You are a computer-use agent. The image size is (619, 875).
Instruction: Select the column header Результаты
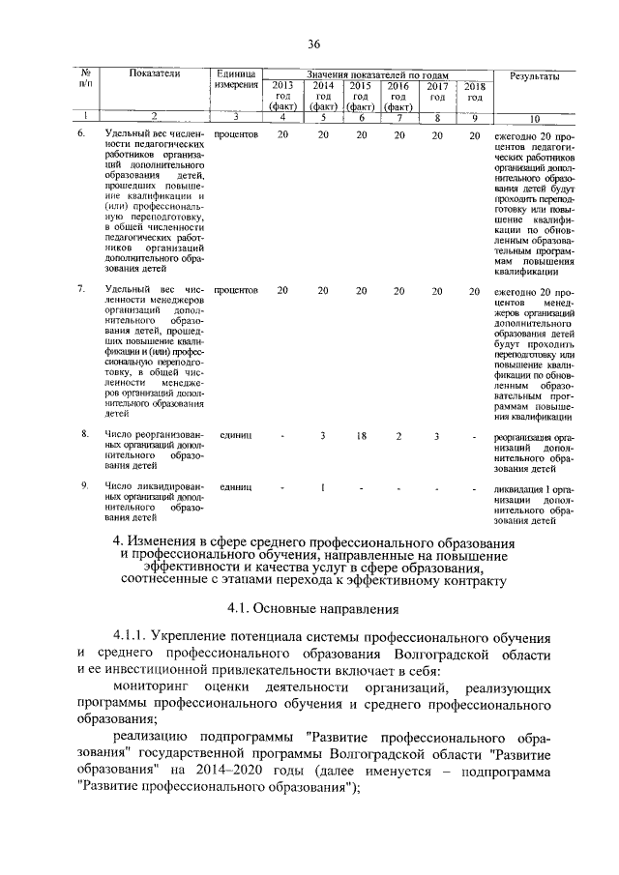point(535,74)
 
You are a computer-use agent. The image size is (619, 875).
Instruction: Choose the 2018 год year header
point(474,92)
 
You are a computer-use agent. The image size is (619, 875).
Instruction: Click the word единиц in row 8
point(236,436)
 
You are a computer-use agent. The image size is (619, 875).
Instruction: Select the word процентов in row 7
point(236,289)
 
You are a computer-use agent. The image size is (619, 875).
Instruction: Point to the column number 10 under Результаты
point(535,118)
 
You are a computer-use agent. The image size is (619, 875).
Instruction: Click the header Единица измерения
point(236,79)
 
